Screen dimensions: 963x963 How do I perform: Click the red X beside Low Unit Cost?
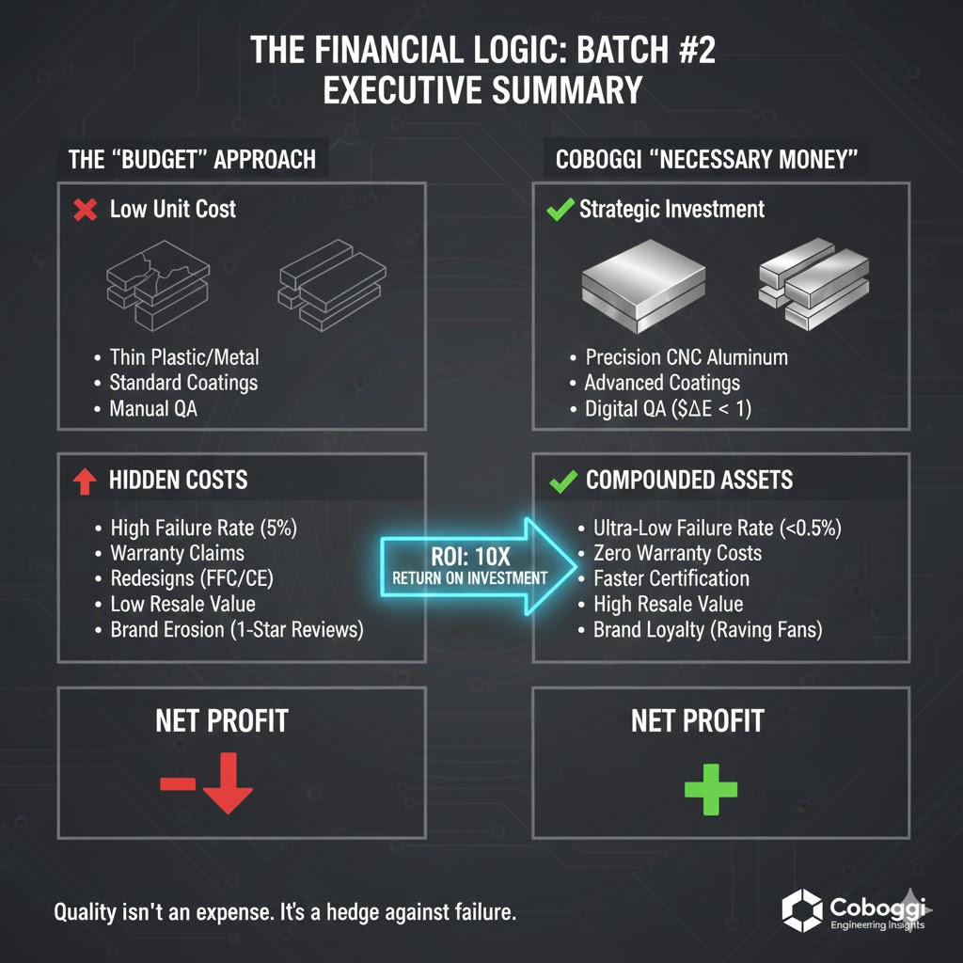[x=85, y=210]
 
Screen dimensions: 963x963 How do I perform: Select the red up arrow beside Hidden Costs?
[x=85, y=481]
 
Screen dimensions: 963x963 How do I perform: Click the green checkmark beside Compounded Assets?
[x=562, y=481]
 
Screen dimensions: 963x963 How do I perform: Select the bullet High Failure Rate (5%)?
[x=203, y=528]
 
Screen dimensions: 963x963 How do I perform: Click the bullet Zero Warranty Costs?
[x=677, y=553]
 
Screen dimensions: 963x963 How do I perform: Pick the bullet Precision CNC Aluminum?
[x=687, y=357]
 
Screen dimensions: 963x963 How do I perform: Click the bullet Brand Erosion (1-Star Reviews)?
[x=236, y=630]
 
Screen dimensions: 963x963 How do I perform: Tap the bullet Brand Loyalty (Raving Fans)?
[x=707, y=630]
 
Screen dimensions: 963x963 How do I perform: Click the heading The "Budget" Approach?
[x=192, y=158]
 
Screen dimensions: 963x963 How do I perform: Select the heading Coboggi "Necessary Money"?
[x=706, y=158]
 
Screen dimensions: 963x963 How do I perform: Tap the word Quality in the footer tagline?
[x=85, y=912]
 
